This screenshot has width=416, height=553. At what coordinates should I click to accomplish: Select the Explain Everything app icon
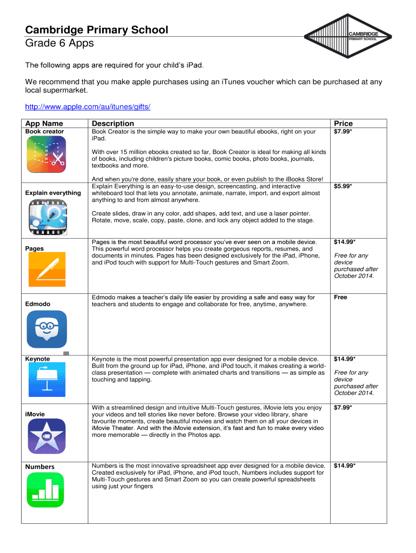(x=47, y=217)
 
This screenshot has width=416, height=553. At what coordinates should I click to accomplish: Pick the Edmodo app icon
(x=47, y=329)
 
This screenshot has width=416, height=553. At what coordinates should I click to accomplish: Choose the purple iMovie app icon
(x=47, y=436)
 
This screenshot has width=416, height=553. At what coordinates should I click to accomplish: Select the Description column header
(x=113, y=124)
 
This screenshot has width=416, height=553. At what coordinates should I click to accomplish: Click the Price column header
(x=343, y=124)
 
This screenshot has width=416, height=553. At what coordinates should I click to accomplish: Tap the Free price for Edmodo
(x=340, y=298)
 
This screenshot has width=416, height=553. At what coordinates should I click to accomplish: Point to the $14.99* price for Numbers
(x=345, y=466)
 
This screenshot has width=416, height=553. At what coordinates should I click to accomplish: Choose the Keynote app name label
(x=38, y=359)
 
